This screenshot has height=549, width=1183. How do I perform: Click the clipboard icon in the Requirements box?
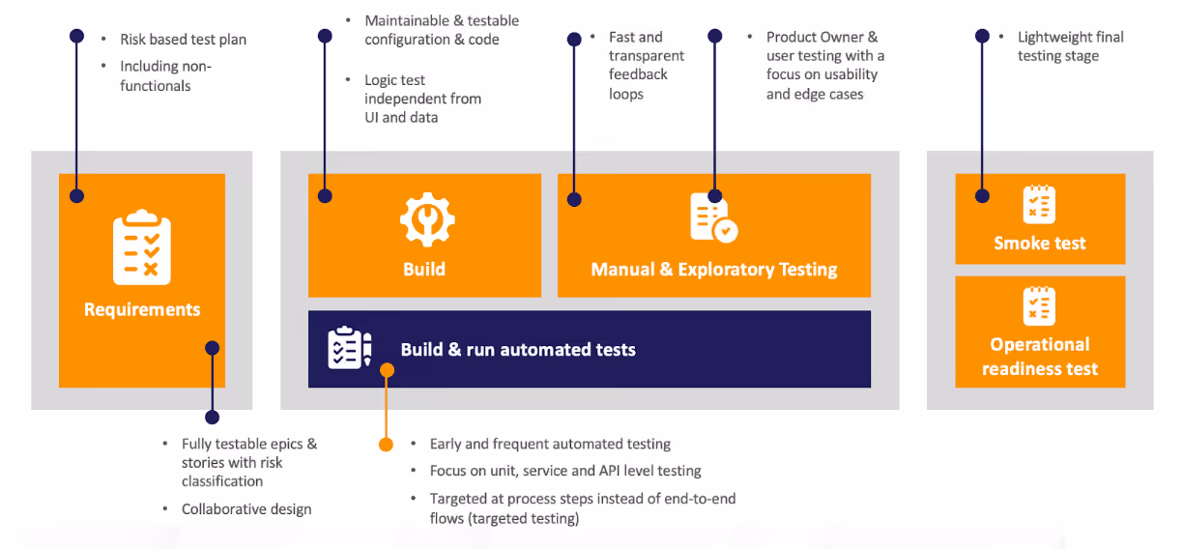pyautogui.click(x=141, y=247)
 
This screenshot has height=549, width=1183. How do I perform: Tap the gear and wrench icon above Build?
pyautogui.click(x=427, y=219)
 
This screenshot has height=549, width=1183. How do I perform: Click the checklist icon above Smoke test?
pyautogui.click(x=1039, y=205)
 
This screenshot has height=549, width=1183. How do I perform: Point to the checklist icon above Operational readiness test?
pyautogui.click(x=1039, y=306)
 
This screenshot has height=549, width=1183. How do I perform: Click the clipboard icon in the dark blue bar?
pyautogui.click(x=350, y=347)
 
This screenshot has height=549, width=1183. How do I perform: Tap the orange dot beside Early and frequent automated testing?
pyautogui.click(x=386, y=445)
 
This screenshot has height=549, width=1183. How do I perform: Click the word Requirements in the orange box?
pyautogui.click(x=142, y=309)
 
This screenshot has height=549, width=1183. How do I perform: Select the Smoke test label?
pyautogui.click(x=1039, y=243)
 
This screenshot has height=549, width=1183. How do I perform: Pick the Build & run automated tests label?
pyautogui.click(x=518, y=349)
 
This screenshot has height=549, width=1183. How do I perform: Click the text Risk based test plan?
pyautogui.click(x=184, y=40)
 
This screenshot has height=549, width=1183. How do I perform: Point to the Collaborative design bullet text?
pyautogui.click(x=246, y=508)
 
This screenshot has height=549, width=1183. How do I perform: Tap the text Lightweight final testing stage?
pyautogui.click(x=1071, y=46)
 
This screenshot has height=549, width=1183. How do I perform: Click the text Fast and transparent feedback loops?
pyautogui.click(x=647, y=66)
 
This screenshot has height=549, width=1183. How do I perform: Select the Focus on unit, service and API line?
pyautogui.click(x=565, y=471)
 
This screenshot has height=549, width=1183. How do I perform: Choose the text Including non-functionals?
pyautogui.click(x=166, y=76)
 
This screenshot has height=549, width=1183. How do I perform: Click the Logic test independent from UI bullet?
pyautogui.click(x=422, y=99)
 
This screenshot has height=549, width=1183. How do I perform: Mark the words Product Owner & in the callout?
pyautogui.click(x=822, y=37)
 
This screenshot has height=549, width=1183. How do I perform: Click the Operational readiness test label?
pyautogui.click(x=1039, y=357)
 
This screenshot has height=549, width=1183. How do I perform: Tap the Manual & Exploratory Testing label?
pyautogui.click(x=714, y=270)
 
